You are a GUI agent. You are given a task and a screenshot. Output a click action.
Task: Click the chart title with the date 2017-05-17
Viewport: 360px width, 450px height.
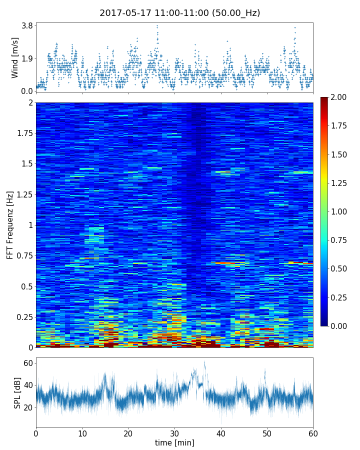pos(179,13)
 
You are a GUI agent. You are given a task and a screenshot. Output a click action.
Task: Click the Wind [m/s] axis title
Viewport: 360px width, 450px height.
pos(14,57)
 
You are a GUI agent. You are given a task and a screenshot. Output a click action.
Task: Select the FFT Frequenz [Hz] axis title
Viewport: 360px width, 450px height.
pos(10,224)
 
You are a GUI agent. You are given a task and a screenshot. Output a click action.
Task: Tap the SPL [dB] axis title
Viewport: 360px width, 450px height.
pos(17,392)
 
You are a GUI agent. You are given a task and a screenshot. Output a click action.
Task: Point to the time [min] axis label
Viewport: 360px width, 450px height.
pos(174,442)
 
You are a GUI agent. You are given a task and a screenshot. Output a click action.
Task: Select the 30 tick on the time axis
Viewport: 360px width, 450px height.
pos(174,432)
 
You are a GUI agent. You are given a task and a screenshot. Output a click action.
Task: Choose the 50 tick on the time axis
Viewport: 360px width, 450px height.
pos(267,432)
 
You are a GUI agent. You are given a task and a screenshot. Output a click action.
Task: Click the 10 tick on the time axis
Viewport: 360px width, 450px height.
pos(82,432)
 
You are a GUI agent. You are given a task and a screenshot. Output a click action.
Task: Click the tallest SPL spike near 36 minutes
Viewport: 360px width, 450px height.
pos(204,362)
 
